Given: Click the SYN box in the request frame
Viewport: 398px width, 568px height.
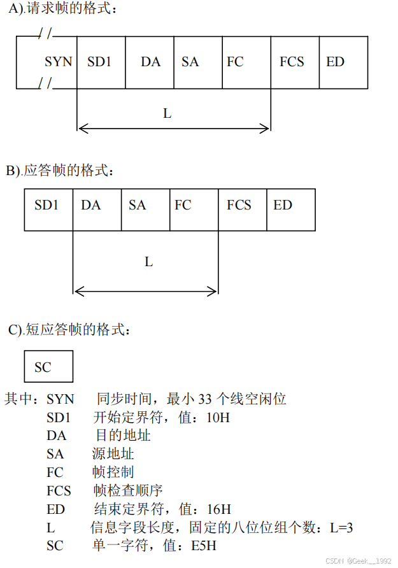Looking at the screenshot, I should click(59, 62).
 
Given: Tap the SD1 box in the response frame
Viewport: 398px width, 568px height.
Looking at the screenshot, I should click(48, 205).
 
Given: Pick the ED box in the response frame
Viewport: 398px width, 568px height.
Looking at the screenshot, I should click(290, 205).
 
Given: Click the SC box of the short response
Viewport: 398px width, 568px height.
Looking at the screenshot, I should click(48, 367).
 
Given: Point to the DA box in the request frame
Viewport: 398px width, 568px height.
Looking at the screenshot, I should click(150, 62).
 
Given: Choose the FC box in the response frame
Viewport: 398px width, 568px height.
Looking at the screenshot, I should click(194, 205).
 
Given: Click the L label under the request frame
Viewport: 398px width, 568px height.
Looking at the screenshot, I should click(167, 114).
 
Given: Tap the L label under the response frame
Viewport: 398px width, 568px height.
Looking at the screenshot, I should click(148, 262).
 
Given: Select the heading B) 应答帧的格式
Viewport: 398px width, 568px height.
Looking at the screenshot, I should click(62, 171).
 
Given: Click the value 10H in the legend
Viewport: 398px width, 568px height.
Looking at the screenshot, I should click(218, 418).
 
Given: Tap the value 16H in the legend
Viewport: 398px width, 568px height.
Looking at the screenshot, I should click(219, 509).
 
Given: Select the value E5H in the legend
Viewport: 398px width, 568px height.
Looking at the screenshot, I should click(205, 546).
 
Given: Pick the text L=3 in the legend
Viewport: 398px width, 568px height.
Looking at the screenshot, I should click(341, 528).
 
